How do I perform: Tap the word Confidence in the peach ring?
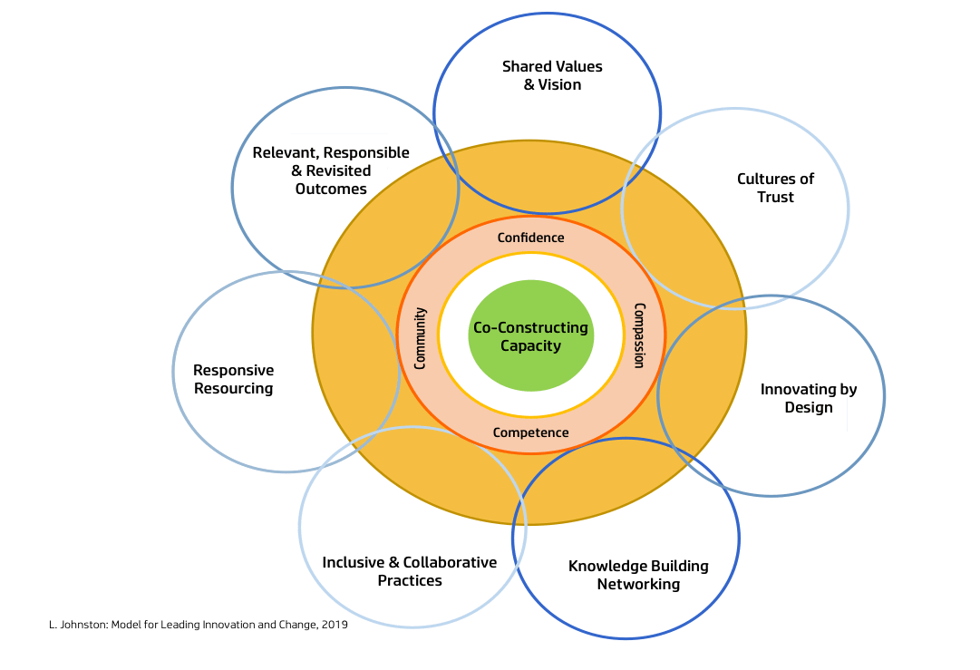(531, 238)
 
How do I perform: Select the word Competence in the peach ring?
(531, 432)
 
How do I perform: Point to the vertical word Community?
(420, 337)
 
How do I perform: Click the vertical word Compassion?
(639, 335)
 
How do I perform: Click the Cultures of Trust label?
(775, 188)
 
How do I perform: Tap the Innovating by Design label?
(808, 398)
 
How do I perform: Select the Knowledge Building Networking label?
(638, 575)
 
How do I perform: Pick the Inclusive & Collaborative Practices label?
(410, 571)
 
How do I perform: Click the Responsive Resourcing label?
(234, 379)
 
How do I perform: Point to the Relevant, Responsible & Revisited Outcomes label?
(331, 170)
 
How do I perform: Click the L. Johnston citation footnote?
(199, 625)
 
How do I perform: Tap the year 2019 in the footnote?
(335, 625)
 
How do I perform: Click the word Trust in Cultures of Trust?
(775, 197)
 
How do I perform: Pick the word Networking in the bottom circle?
(638, 584)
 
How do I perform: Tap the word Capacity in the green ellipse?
(531, 345)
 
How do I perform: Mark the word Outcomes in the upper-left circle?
(331, 189)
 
